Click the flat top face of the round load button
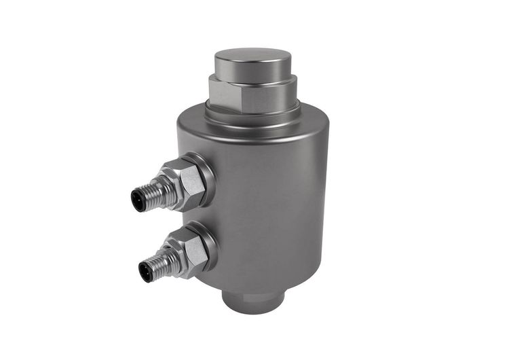(x=252, y=56)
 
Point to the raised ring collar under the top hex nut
(x=252, y=114)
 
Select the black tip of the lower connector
(x=145, y=272)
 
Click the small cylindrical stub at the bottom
(x=254, y=302)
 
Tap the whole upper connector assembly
(x=173, y=185)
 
